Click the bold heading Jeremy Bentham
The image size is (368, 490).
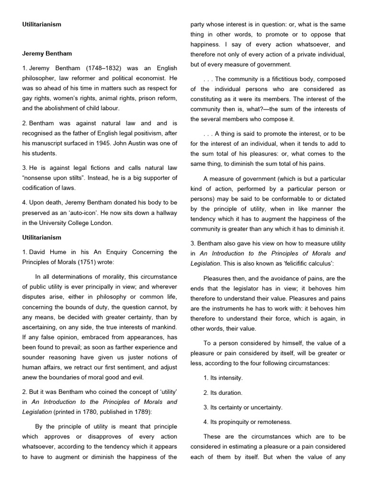[x=47, y=53]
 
